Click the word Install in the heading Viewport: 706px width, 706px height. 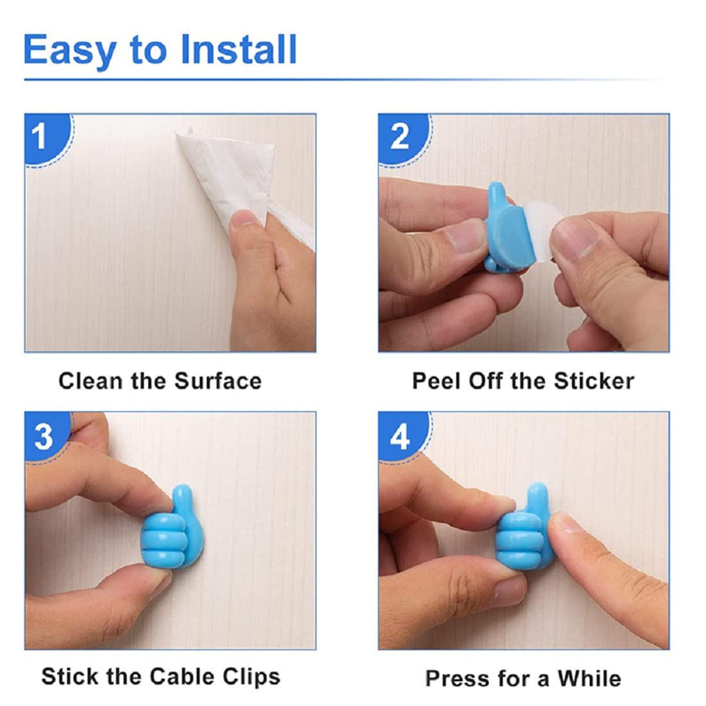[239, 50]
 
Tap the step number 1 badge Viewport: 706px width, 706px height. [41, 137]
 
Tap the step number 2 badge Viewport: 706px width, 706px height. [399, 137]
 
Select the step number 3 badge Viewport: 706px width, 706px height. [43, 436]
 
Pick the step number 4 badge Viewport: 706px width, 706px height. [399, 436]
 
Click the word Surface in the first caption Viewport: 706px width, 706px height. [218, 381]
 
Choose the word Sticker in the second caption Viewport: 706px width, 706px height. [594, 381]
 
